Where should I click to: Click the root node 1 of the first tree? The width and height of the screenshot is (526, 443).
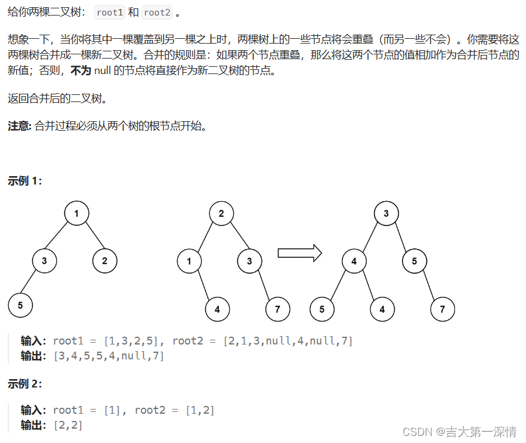[x=76, y=213]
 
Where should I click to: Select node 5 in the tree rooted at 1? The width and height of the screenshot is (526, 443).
[x=20, y=305]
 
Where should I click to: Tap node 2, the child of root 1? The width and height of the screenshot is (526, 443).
[x=105, y=260]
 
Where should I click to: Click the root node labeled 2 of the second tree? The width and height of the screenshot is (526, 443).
[x=221, y=213]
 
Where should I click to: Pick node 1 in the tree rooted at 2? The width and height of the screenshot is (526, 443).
[x=189, y=260]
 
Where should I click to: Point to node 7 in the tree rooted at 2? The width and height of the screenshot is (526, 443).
[x=278, y=309]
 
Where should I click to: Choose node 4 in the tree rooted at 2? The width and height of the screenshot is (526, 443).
[x=217, y=309]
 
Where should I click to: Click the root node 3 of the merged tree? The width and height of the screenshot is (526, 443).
[x=386, y=213]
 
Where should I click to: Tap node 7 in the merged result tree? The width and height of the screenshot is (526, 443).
[x=442, y=309]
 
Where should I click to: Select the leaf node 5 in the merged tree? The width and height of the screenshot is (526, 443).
[x=322, y=309]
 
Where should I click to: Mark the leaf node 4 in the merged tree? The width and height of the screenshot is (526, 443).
[x=382, y=309]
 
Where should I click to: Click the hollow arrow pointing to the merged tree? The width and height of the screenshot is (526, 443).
[x=299, y=253]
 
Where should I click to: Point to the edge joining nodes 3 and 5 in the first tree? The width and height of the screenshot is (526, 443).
[x=32, y=284]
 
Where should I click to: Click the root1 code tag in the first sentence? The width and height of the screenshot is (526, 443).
[x=109, y=13]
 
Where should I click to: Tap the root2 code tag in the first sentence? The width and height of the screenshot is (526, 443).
[x=157, y=13]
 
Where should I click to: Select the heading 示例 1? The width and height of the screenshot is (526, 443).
[x=25, y=181]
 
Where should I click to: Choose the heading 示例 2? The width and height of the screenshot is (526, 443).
[x=25, y=384]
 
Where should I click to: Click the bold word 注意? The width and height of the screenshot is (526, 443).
[x=19, y=125]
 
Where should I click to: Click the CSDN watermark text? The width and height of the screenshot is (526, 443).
[x=459, y=431]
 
